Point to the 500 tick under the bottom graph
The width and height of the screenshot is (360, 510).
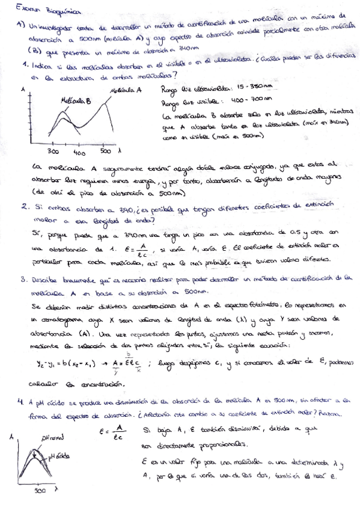point(39,492)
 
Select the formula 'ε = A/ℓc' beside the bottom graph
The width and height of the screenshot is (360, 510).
point(112,433)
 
